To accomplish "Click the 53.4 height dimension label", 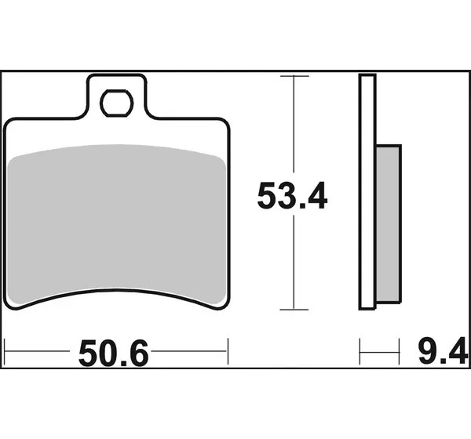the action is (x=292, y=195).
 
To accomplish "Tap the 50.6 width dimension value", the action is (x=114, y=353).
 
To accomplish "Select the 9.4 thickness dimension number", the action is (x=443, y=350).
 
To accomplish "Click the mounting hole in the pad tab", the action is (x=116, y=103).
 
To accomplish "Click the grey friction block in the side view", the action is (x=388, y=224).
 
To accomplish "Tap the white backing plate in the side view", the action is (x=367, y=192).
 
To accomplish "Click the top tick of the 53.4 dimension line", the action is (x=294, y=76).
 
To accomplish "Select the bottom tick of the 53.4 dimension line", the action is (x=294, y=310).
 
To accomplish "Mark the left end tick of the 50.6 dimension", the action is (x=5, y=351).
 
